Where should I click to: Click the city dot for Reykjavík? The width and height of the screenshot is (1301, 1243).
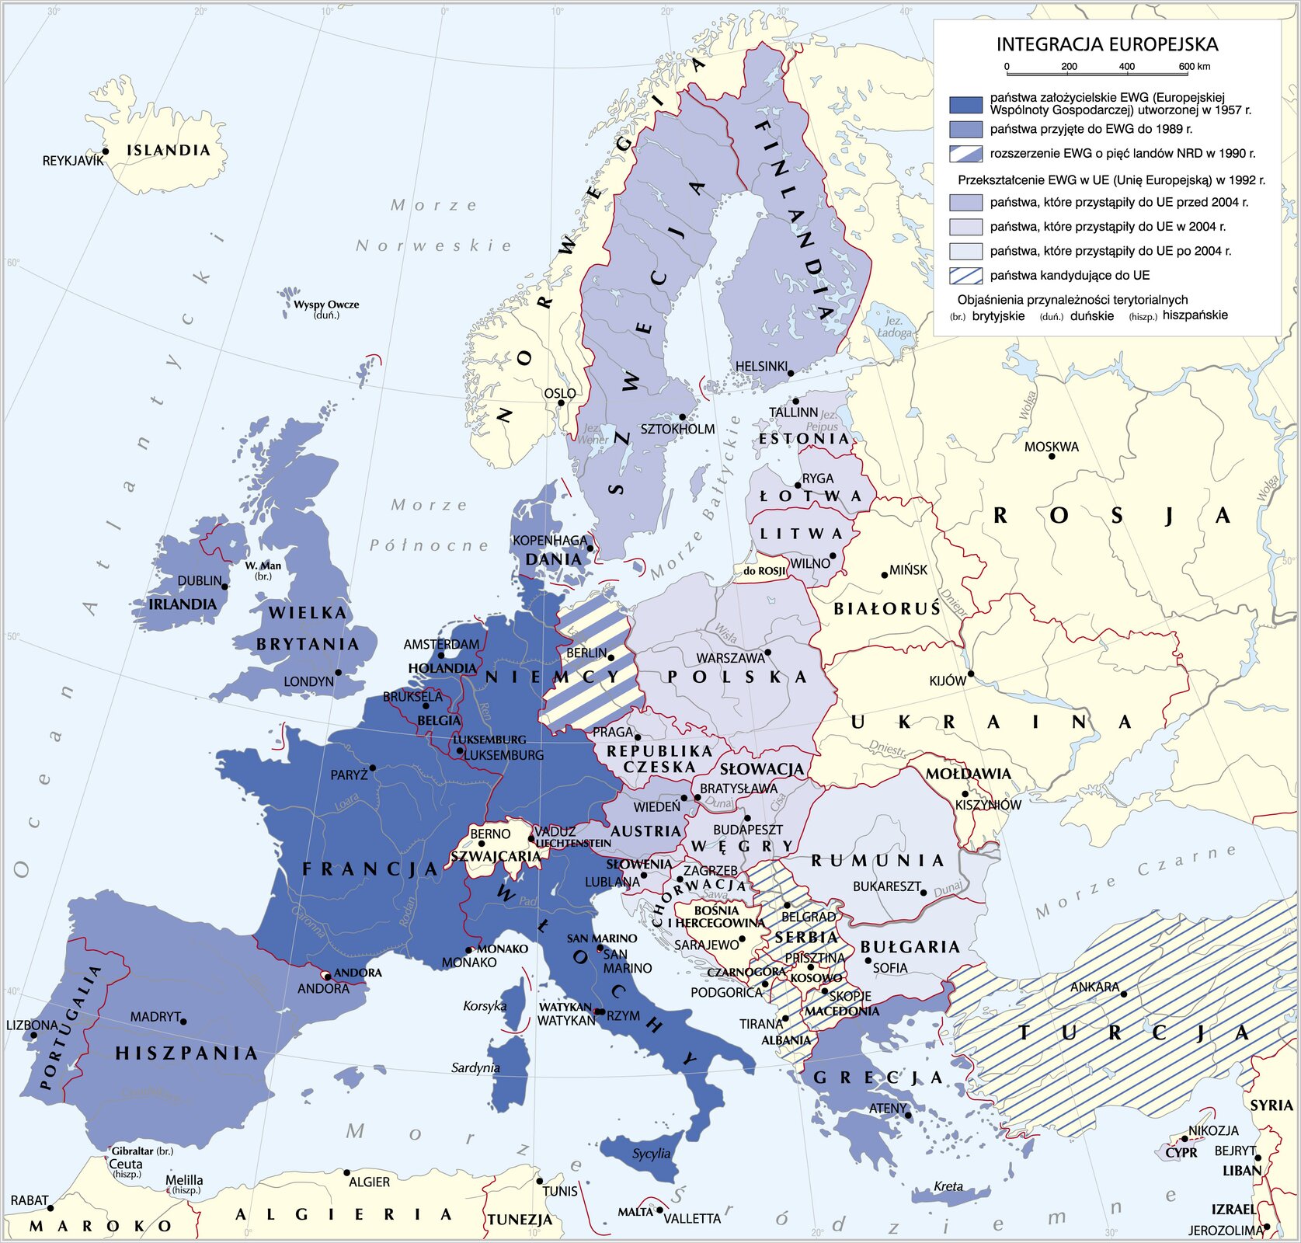click(106, 152)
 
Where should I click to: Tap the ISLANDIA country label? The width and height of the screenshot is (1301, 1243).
click(169, 150)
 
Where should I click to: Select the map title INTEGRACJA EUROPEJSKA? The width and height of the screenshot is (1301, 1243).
click(1107, 44)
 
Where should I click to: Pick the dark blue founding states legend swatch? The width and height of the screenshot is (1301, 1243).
click(965, 104)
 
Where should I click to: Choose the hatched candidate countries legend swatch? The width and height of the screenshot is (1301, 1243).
click(965, 276)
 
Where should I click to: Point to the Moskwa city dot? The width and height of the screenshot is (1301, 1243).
click(1052, 456)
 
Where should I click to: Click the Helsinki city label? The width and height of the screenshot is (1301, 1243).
click(761, 366)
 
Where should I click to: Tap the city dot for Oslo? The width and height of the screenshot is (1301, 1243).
click(560, 402)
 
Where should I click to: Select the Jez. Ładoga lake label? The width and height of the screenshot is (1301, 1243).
click(894, 327)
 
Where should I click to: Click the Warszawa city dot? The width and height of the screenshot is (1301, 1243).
click(767, 652)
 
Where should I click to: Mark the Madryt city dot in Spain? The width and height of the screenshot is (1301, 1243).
click(183, 1021)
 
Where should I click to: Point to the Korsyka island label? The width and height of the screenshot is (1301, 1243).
click(484, 1006)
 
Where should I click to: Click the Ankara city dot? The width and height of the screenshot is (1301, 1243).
click(1123, 993)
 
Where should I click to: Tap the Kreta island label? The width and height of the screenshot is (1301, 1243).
click(948, 1186)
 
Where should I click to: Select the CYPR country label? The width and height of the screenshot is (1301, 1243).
click(1181, 1153)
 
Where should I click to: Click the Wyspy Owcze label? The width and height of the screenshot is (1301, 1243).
click(326, 305)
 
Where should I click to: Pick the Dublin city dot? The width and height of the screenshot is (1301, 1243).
click(224, 587)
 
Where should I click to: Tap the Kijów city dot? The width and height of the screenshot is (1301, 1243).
click(971, 674)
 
